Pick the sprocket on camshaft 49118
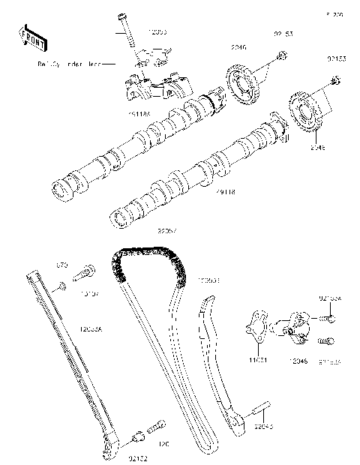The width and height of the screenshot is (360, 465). tap(305, 115)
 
